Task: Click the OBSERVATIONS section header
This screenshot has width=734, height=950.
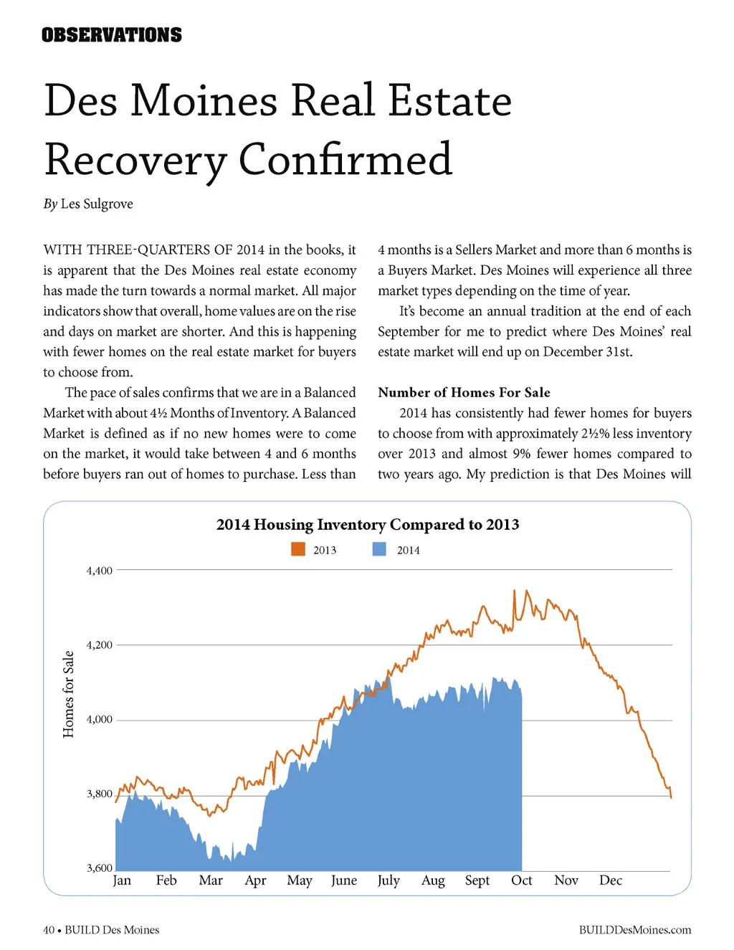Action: (x=112, y=35)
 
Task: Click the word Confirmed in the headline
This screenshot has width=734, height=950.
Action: (x=345, y=159)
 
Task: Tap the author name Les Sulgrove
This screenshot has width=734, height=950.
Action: (x=97, y=204)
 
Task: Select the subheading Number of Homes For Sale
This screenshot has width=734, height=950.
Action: (x=464, y=392)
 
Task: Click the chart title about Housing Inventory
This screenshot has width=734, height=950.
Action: (x=368, y=524)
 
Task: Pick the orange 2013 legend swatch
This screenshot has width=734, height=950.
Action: (x=298, y=549)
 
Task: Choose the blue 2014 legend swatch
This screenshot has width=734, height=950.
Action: (x=379, y=549)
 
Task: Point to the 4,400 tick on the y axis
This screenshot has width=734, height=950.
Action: (x=100, y=571)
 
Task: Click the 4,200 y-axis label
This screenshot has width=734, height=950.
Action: (x=100, y=645)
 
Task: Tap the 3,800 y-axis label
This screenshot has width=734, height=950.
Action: (x=100, y=794)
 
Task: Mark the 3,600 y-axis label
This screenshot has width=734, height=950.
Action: (x=100, y=868)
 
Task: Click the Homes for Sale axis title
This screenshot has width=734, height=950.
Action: (x=68, y=694)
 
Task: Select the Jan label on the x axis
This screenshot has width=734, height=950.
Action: (x=122, y=880)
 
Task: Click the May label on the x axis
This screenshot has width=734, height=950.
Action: (x=300, y=880)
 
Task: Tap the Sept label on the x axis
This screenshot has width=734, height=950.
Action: (x=477, y=880)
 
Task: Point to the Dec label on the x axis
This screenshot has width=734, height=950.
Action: (x=611, y=880)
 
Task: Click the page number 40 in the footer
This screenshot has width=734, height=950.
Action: (x=49, y=930)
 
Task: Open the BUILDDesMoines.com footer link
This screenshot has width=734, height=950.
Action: (x=635, y=930)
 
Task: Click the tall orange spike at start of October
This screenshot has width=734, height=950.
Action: (x=514, y=592)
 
